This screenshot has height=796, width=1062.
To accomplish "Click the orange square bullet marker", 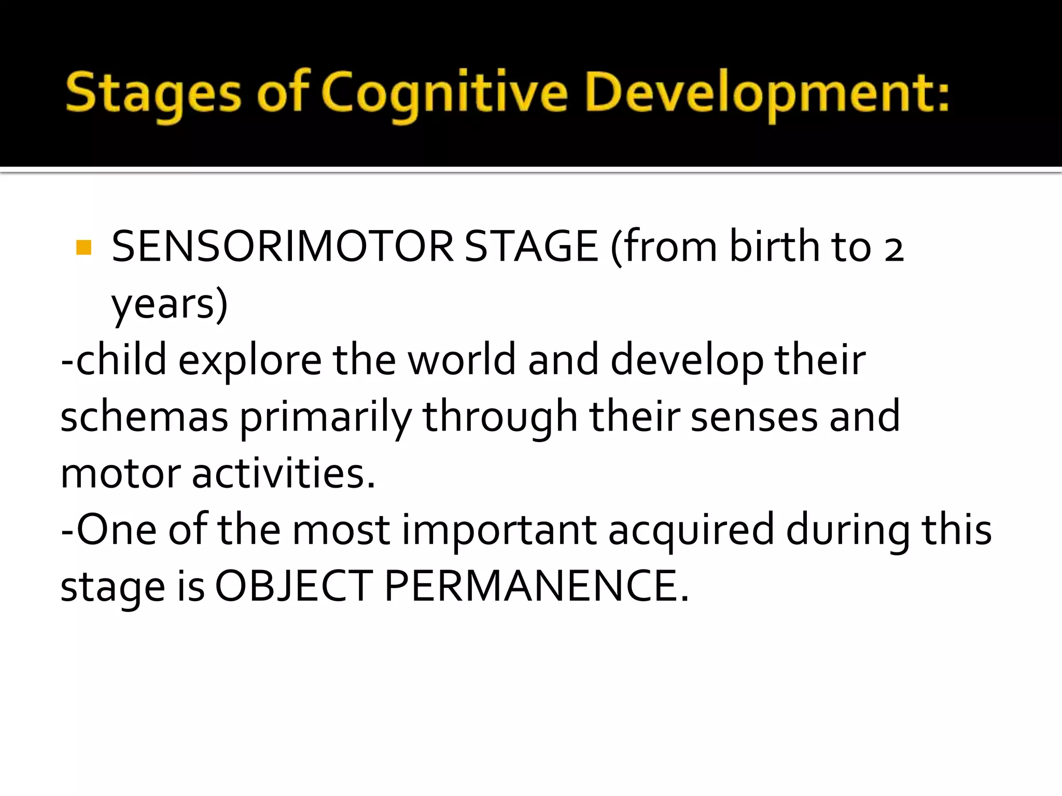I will click(83, 247).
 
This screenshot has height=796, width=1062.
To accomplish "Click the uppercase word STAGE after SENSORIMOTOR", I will click(531, 247).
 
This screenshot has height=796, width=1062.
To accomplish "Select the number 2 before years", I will click(893, 249).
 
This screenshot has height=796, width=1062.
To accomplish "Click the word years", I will click(169, 304).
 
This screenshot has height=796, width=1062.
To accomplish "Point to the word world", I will click(462, 360).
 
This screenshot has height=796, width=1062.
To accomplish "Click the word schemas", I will click(144, 417).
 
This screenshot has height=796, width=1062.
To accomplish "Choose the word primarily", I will click(326, 417).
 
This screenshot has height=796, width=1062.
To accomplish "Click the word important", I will click(499, 530).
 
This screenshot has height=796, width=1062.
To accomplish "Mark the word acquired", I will click(691, 530).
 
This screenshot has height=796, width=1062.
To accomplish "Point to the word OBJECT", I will click(294, 587).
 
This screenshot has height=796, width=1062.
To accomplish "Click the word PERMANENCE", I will click(536, 587).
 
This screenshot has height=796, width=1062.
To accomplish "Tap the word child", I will click(121, 360).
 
